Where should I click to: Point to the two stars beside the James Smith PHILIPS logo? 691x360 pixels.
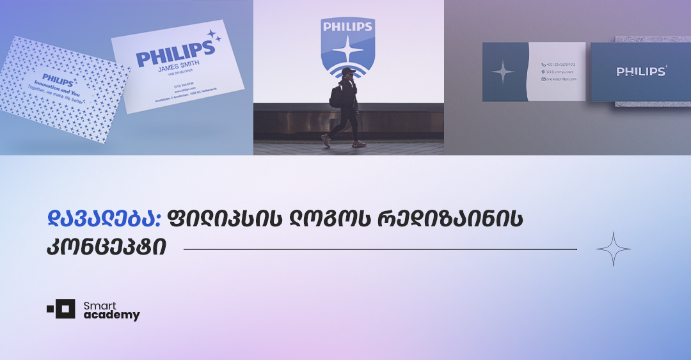click(213, 36)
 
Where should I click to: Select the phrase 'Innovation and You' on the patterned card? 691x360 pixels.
click(57, 87)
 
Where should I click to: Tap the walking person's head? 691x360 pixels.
click(347, 74)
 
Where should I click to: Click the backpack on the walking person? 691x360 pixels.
click(335, 95)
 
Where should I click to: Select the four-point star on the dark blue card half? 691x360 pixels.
click(503, 72)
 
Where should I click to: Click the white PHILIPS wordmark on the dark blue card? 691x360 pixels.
click(640, 72)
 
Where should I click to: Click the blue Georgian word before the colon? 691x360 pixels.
click(104, 219)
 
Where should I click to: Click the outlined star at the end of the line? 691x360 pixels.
click(613, 249)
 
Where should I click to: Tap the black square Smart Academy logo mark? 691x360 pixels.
click(64, 309)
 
